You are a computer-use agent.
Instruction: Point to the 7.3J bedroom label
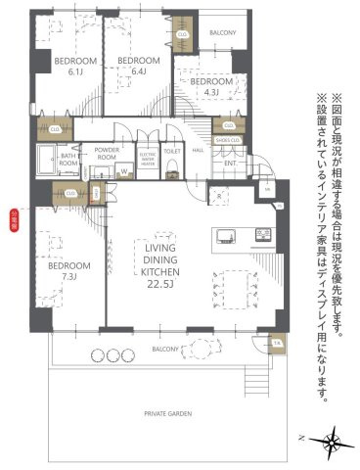[69, 271]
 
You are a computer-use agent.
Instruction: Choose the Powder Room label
[107, 155]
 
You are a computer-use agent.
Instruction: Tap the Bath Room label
[68, 159]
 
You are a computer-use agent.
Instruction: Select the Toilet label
[172, 152]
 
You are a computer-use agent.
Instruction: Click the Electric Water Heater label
[148, 158]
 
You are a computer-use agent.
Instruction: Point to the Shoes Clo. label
[230, 140]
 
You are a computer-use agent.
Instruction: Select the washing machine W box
[124, 173]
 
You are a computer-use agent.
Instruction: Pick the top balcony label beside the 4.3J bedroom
[224, 33]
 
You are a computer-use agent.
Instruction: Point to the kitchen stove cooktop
[262, 233]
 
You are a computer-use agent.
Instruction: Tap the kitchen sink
[225, 234]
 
